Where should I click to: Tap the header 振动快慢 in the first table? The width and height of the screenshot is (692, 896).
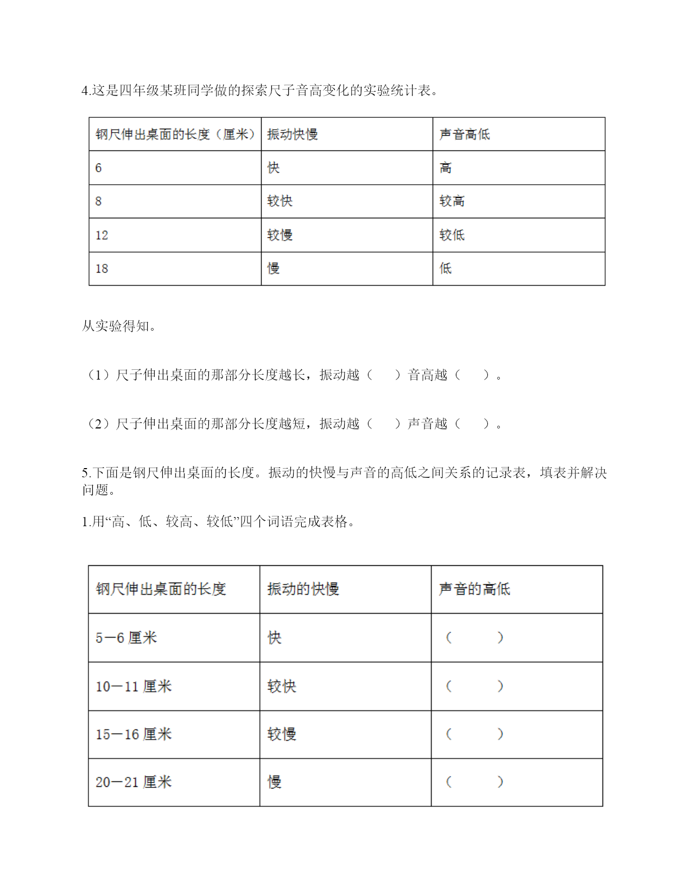click(293, 134)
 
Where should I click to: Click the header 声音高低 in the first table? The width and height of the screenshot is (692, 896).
click(465, 134)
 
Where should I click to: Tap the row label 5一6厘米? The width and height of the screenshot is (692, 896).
click(126, 638)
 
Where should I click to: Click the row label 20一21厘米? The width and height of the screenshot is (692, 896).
click(134, 782)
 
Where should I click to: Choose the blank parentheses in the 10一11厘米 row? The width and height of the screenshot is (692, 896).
click(474, 686)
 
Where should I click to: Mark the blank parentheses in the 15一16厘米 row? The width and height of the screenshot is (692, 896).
click(474, 734)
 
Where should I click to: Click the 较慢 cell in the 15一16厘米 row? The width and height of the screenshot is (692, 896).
click(282, 734)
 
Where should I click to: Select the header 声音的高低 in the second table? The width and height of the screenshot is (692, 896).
click(474, 589)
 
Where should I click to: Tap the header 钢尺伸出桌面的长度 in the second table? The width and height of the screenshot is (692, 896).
click(161, 589)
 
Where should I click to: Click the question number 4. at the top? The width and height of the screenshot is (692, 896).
click(86, 91)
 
